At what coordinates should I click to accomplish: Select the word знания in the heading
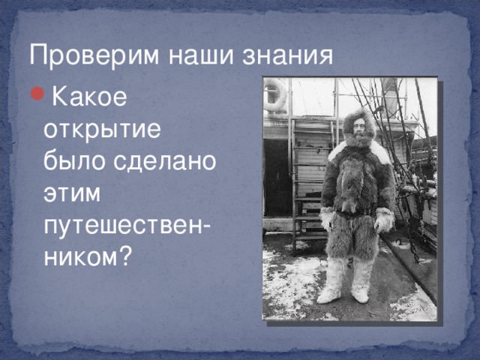[288, 56]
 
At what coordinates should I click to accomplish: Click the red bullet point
[37, 93]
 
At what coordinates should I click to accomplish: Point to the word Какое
[89, 97]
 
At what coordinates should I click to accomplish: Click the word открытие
[102, 130]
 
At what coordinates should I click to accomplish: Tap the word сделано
[165, 161]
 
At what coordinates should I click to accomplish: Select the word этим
[72, 193]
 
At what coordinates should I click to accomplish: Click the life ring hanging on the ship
[274, 94]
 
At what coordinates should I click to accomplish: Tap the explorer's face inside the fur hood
[358, 127]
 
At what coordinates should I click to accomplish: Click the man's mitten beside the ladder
[327, 218]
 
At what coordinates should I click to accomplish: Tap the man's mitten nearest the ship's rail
[383, 220]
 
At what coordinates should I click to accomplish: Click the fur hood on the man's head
[358, 124]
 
